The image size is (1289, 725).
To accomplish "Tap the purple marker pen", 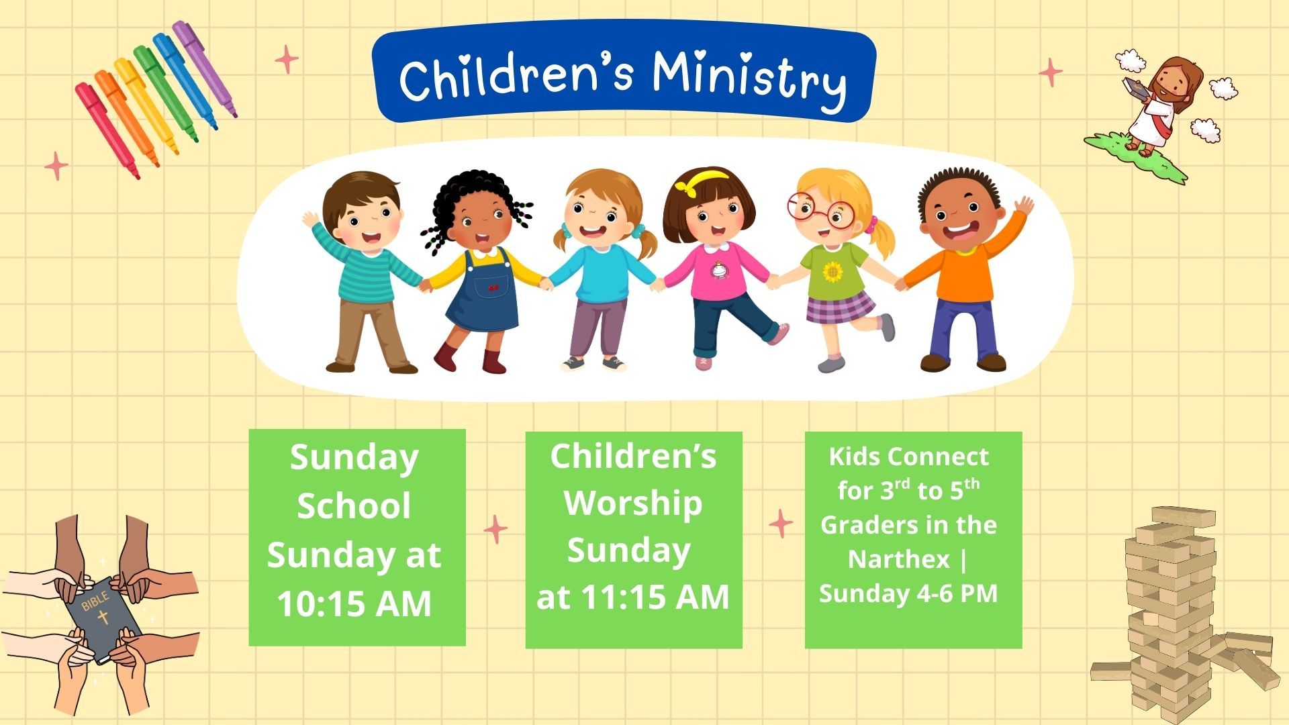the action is (204, 67).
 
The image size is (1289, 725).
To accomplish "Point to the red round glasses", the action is (820, 209).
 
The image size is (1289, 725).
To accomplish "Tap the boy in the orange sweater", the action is (967, 269).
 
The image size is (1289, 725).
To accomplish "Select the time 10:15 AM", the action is (354, 603).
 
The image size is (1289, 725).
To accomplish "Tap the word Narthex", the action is (899, 559).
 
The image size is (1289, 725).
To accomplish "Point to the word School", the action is (354, 505).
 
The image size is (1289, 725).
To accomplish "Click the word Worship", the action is (633, 504).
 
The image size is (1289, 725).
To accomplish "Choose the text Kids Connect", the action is (908, 456).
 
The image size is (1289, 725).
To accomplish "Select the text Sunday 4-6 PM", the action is (908, 594).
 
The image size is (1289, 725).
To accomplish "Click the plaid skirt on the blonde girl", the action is (841, 307).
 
